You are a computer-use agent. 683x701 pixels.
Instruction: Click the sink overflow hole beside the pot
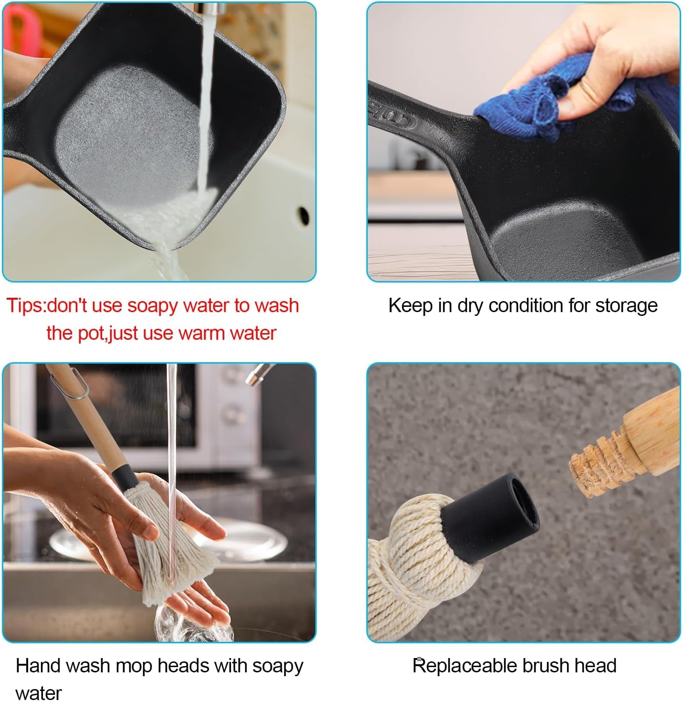(x=303, y=215)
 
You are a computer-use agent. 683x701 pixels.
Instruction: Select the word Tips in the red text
(x=25, y=306)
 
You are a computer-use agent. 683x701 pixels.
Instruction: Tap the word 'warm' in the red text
(x=201, y=333)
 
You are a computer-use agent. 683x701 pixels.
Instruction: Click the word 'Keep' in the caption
(x=411, y=306)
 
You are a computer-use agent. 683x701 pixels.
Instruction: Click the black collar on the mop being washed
(x=124, y=478)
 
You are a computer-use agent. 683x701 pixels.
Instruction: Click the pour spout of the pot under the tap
(x=162, y=245)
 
